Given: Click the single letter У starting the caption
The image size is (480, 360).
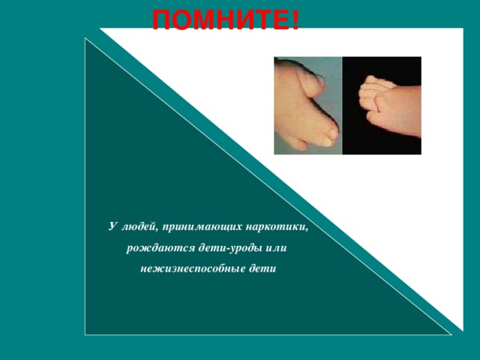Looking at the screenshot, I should tap(111, 226).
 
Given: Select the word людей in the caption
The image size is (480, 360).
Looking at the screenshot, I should tap(139, 226).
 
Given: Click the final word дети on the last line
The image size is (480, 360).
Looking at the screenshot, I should tap(263, 268).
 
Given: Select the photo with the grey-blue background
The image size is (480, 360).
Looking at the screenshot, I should tap(308, 105).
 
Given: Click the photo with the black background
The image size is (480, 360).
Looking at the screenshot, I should tap(382, 105).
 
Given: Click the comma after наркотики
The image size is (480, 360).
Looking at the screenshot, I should tap(307, 229).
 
